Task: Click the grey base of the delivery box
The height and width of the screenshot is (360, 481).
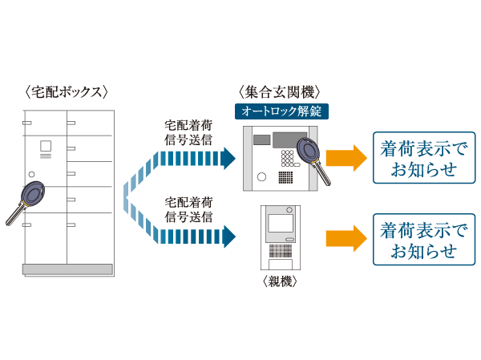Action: click(x=67, y=268)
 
